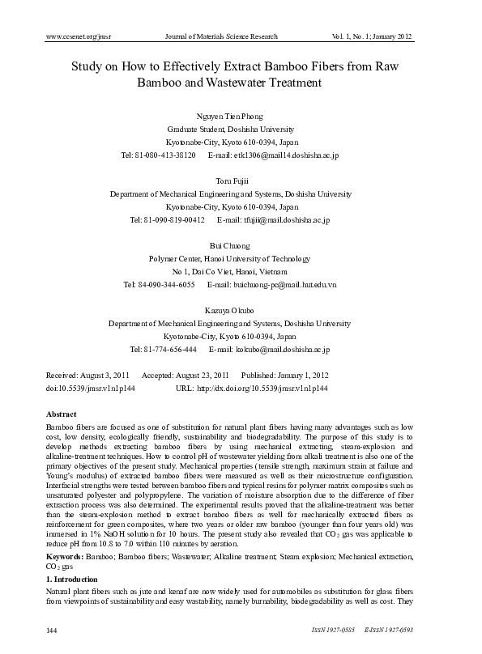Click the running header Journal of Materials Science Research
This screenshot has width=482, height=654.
coord(221,36)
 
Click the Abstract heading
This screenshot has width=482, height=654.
coord(61,414)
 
